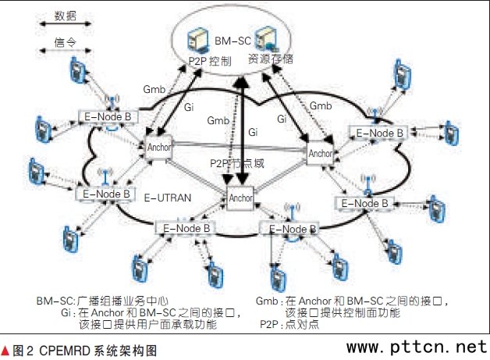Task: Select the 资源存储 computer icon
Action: point(268,38)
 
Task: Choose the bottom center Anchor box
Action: point(240,198)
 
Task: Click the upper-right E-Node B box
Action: point(377,133)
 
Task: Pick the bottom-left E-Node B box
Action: point(184,228)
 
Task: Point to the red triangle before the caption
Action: point(6,350)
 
